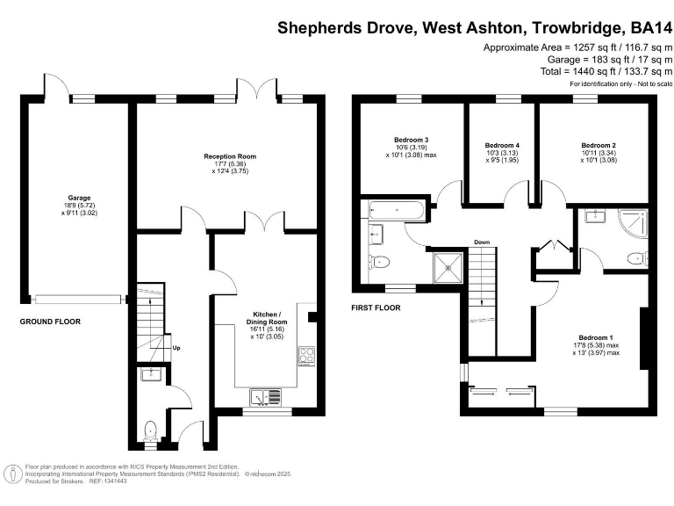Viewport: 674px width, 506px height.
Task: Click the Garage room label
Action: point(80,199)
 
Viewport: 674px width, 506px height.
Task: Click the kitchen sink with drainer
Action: point(264,396)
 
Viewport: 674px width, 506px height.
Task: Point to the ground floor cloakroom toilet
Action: point(150,430)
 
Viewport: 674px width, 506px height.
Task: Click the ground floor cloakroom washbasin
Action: point(147,375)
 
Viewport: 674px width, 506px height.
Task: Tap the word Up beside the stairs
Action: point(176,348)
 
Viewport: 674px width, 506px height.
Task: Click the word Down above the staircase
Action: point(482,242)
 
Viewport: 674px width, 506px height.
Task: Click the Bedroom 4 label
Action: point(502,145)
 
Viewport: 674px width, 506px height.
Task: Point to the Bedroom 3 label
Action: point(411,141)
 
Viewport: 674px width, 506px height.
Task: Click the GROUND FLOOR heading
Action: point(50,322)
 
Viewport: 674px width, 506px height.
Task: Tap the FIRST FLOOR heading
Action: point(376,308)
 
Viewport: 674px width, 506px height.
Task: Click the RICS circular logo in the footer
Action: point(14,474)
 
